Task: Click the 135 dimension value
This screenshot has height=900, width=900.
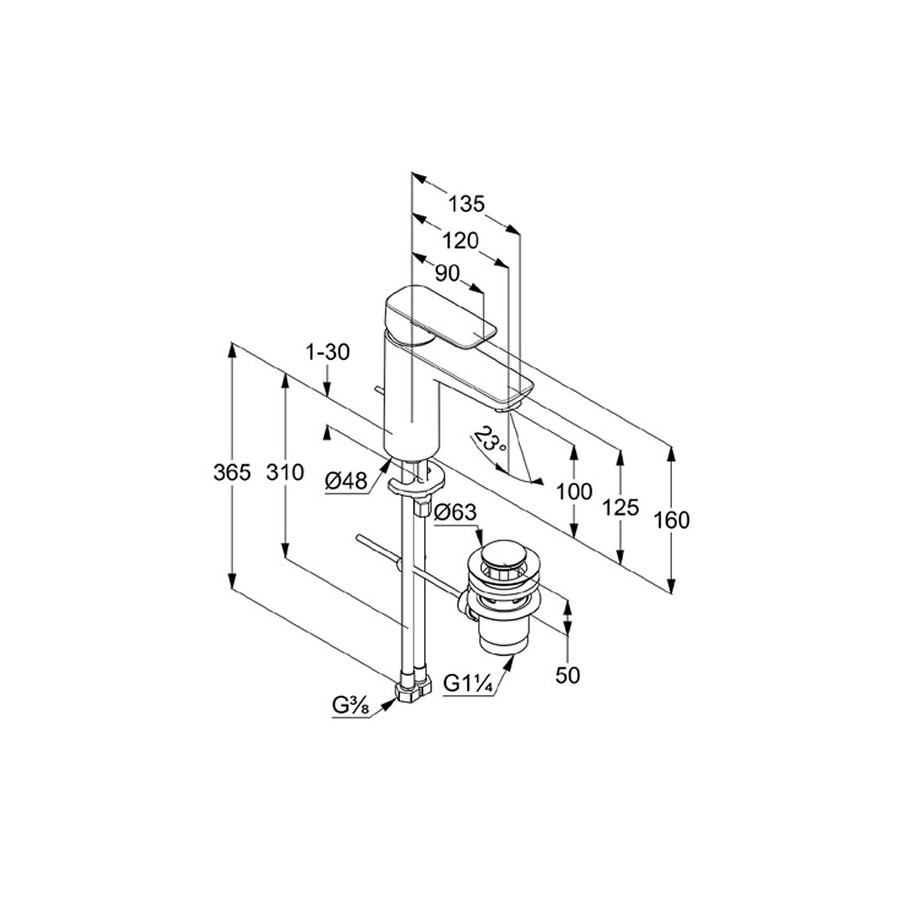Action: point(467,204)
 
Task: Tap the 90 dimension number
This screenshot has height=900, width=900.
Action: point(447,274)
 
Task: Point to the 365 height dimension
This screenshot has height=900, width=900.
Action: point(232,473)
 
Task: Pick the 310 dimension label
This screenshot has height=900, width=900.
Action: point(285,473)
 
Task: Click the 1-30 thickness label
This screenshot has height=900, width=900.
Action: point(328,352)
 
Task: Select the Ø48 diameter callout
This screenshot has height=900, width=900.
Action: point(346,480)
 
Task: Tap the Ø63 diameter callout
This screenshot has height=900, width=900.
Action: point(456,512)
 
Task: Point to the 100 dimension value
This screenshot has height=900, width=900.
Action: point(574,491)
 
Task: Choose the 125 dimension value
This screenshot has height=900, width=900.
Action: point(620,507)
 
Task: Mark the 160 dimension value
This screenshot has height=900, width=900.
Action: point(671,521)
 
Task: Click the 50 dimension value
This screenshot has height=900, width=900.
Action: point(568,675)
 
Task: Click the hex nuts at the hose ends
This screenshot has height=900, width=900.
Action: point(413,691)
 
